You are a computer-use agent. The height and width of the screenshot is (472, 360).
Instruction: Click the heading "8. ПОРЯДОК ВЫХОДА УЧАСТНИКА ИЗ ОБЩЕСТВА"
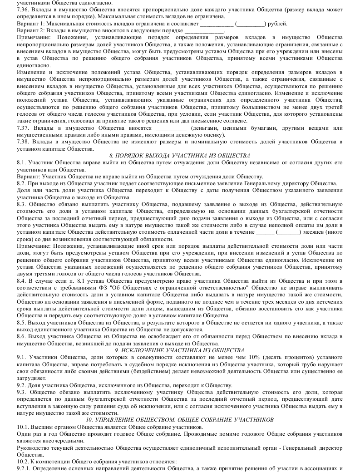pyautogui.click(x=180, y=156)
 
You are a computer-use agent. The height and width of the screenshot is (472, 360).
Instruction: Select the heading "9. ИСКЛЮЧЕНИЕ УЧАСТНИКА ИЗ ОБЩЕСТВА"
pyautogui.click(x=180, y=350)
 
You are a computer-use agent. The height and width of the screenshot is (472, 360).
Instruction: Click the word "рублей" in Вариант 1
pyautogui.click(x=277, y=23)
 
